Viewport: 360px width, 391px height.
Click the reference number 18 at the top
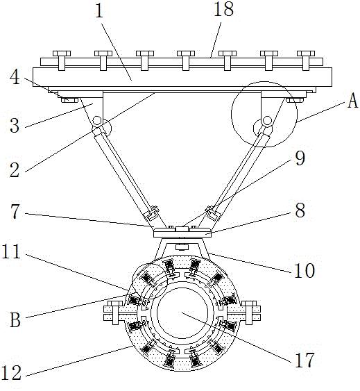coord(223,9)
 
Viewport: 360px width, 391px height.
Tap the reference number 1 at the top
coord(99,10)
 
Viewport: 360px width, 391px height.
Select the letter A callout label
coord(352,101)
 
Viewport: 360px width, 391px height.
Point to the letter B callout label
coord(15,320)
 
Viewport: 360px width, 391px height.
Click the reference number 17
coord(305,360)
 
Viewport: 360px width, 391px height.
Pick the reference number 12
coord(11,373)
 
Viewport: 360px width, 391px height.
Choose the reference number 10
coord(305,271)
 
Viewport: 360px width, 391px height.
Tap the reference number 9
coord(300,158)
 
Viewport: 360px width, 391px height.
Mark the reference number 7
coord(15,211)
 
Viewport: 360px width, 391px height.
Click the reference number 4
coord(15,77)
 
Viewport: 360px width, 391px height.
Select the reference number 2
coord(15,170)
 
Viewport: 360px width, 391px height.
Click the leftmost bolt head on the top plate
coord(62,60)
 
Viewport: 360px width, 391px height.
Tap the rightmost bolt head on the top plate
coord(306,60)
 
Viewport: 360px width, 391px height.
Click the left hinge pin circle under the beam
coord(96,122)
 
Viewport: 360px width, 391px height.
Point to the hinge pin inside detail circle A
coord(267,121)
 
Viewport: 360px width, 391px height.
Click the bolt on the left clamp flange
coord(115,313)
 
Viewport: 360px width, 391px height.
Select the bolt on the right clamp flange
coord(249,313)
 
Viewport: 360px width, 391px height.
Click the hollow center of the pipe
coord(182,313)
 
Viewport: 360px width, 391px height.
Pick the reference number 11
coord(11,251)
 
